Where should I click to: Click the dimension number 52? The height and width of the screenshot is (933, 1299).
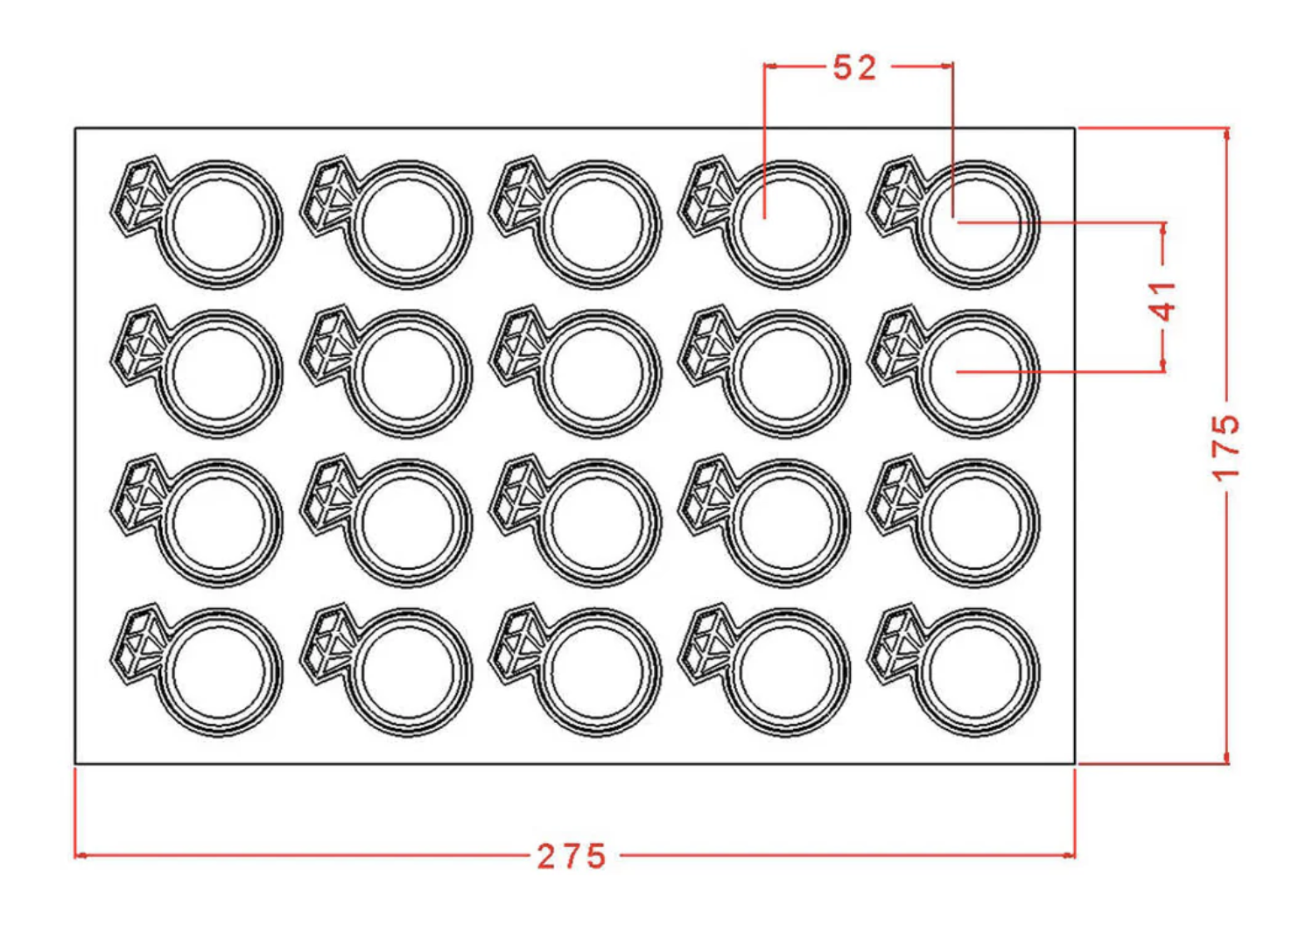click(x=854, y=68)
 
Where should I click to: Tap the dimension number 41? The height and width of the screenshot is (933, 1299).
click(x=1162, y=302)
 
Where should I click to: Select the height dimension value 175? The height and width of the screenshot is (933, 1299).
click(x=1226, y=447)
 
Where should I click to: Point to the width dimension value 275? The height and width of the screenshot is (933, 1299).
click(x=572, y=857)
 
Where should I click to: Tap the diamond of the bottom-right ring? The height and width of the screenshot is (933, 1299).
click(x=894, y=643)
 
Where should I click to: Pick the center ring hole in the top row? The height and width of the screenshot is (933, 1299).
click(x=597, y=224)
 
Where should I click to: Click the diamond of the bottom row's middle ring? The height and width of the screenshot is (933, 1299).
click(x=516, y=643)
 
